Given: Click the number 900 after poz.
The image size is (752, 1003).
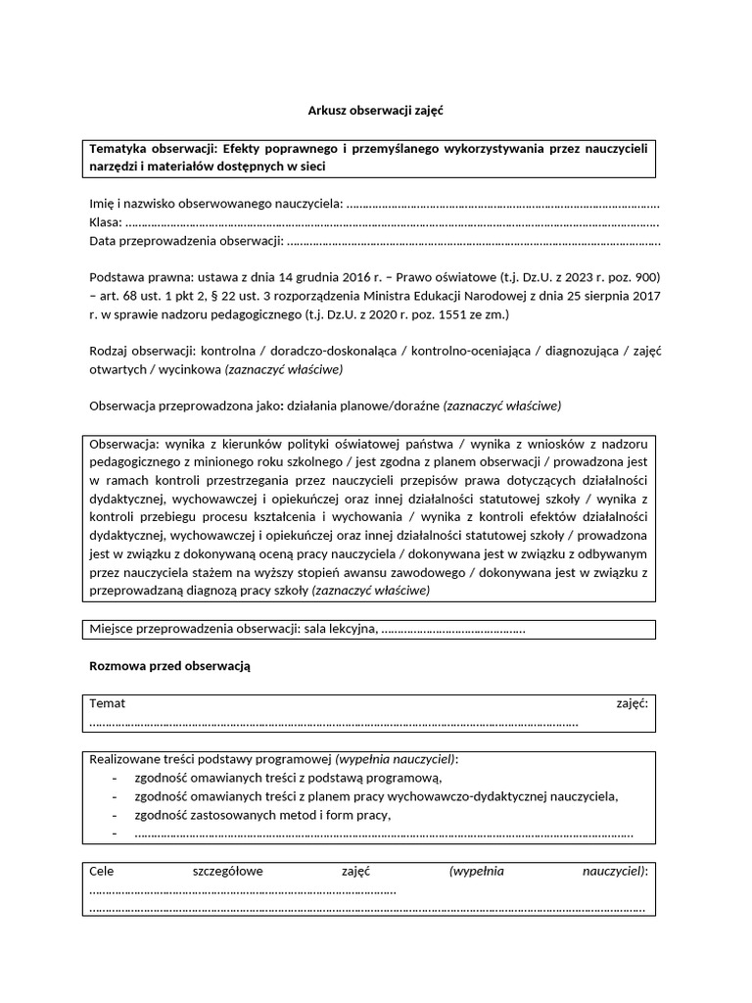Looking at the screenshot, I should click(x=648, y=277).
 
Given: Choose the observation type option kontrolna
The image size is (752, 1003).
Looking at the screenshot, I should click(x=227, y=351).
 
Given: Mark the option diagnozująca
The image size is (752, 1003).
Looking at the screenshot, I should click(x=577, y=351).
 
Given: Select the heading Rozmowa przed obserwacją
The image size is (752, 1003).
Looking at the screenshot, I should click(x=170, y=665).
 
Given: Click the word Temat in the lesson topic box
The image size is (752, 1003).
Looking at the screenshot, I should click(x=107, y=703).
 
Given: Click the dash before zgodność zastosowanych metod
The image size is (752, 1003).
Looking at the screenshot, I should click(x=116, y=815).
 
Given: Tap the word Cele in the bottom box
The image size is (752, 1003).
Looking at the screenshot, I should click(x=102, y=870).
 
